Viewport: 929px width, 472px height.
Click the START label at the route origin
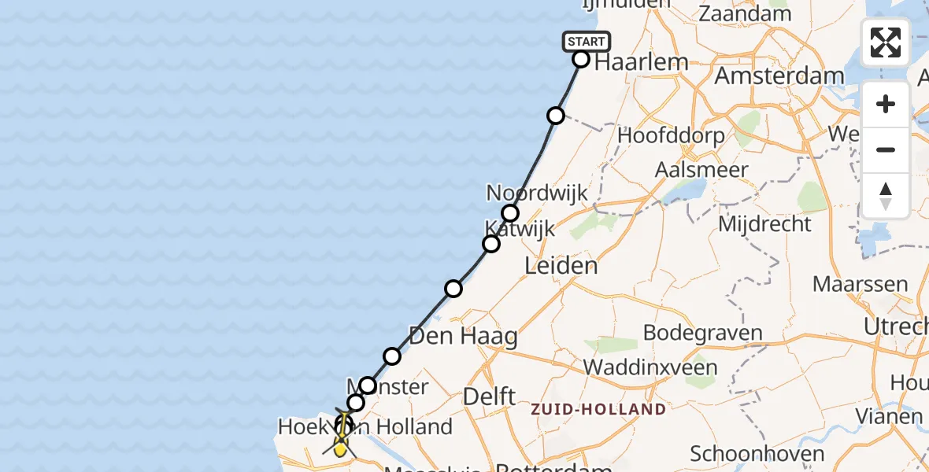pyautogui.click(x=587, y=42)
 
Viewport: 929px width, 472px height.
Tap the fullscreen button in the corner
pyautogui.click(x=886, y=42)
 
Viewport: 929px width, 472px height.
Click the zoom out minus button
pyautogui.click(x=886, y=149)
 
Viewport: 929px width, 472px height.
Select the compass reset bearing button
pyautogui.click(x=886, y=195)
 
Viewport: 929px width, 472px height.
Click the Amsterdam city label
pyautogui.click(x=779, y=76)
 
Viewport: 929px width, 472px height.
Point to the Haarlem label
pyautogui.click(x=641, y=62)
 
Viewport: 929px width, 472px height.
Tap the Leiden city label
pyautogui.click(x=561, y=266)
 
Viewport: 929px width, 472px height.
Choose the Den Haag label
pyautogui.click(x=463, y=337)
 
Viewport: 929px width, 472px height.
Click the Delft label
pyautogui.click(x=489, y=396)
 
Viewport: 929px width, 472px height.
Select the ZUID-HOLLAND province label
pyautogui.click(x=598, y=410)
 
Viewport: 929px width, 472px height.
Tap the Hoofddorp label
pyautogui.click(x=671, y=135)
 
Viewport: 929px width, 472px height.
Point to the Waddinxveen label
pyautogui.click(x=650, y=367)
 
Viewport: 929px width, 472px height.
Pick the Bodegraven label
pyautogui.click(x=703, y=332)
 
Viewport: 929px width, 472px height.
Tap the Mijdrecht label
pyautogui.click(x=764, y=224)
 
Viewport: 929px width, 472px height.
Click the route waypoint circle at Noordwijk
pyautogui.click(x=510, y=213)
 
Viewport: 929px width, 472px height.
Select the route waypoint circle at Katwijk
pyautogui.click(x=491, y=244)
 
